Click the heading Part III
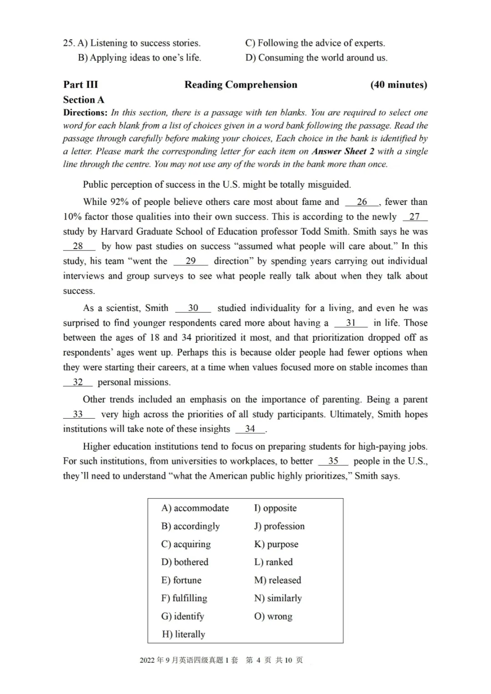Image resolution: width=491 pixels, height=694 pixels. [80, 85]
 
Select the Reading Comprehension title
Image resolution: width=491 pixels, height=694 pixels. [240, 85]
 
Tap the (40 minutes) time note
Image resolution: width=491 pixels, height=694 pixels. [399, 85]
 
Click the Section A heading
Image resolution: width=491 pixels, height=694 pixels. [84, 100]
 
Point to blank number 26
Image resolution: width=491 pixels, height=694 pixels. [362, 202]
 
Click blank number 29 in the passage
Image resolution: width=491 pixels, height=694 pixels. [190, 261]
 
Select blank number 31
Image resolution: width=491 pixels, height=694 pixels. [351, 323]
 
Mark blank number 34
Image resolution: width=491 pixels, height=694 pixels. [250, 429]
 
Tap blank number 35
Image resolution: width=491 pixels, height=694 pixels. [333, 461]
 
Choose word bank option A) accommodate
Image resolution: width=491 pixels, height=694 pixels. [195, 508]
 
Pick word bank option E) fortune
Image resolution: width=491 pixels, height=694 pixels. [181, 580]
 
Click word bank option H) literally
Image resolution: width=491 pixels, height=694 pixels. [184, 634]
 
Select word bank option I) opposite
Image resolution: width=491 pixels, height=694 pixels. [276, 508]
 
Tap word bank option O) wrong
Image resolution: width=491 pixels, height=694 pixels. [273, 616]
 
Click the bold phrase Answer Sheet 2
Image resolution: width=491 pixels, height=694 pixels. [343, 151]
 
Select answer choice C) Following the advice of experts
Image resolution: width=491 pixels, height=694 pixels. [315, 43]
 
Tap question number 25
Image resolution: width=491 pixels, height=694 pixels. [69, 43]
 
